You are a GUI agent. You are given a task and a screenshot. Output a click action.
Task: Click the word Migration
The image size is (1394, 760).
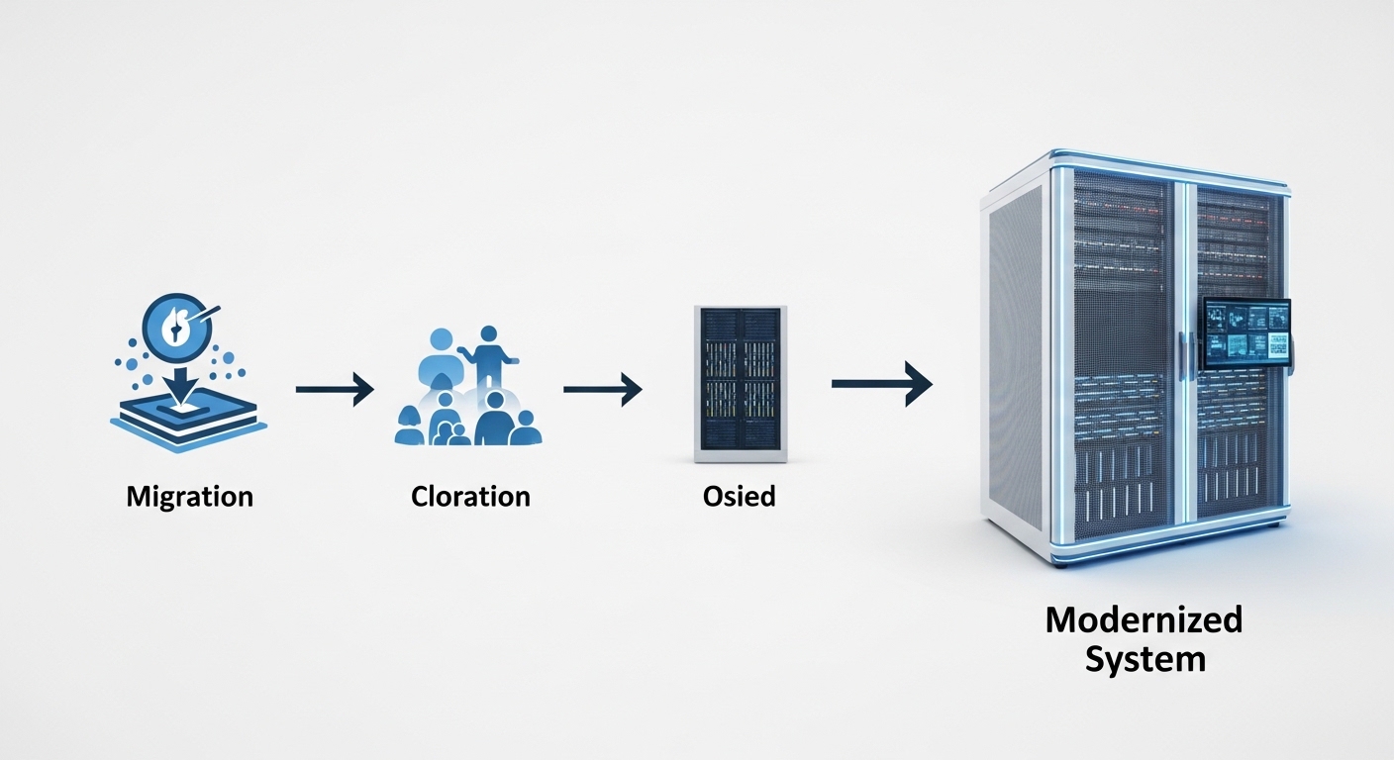tap(189, 495)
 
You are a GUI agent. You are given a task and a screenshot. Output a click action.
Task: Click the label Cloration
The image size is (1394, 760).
tap(470, 495)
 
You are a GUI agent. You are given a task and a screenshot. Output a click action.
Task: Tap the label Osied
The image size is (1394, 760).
tap(739, 495)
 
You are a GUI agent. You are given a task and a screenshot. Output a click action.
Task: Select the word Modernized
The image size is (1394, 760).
tap(1144, 620)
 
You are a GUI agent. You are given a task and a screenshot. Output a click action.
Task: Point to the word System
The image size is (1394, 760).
tap(1145, 659)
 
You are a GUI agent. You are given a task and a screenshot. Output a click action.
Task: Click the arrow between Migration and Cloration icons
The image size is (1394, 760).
tap(335, 390)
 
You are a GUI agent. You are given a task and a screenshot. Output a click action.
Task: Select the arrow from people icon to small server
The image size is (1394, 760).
tap(602, 390)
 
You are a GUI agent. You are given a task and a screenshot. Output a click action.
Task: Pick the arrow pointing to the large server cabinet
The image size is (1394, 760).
tap(881, 383)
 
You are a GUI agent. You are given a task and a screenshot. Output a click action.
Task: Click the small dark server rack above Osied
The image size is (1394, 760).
tap(740, 383)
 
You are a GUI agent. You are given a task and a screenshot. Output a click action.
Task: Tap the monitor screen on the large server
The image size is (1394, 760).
tap(1246, 331)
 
